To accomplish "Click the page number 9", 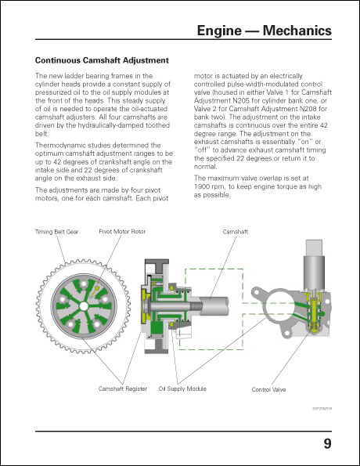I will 326,445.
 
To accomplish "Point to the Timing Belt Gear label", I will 57,233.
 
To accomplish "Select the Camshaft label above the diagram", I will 236,233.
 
